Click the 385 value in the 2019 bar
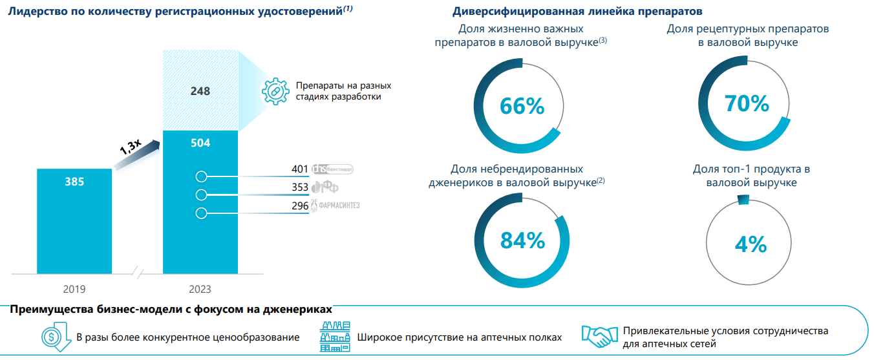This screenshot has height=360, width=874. click(x=74, y=182)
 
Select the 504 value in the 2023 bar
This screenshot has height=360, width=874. click(x=200, y=143)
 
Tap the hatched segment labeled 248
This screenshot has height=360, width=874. click(x=200, y=92)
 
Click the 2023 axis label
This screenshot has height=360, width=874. click(x=200, y=289)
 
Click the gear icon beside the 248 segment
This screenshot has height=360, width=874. click(x=275, y=91)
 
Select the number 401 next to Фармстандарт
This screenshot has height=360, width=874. click(x=300, y=169)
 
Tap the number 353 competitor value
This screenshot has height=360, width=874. click(x=300, y=187)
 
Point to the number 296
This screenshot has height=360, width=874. click(x=300, y=206)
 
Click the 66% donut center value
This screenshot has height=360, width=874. click(x=522, y=106)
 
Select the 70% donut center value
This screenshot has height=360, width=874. click(x=747, y=103)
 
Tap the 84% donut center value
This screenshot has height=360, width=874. click(x=522, y=240)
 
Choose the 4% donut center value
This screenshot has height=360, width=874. click(x=751, y=244)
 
